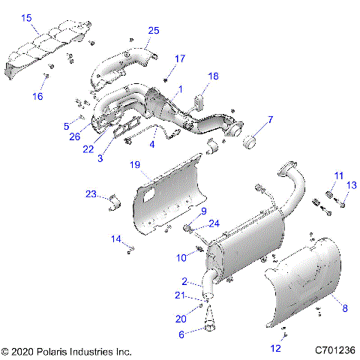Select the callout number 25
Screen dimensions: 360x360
154,31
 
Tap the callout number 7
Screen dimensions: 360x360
271,120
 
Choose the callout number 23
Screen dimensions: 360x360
91,194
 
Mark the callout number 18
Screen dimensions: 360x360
213,76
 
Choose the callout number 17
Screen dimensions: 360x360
180,58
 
